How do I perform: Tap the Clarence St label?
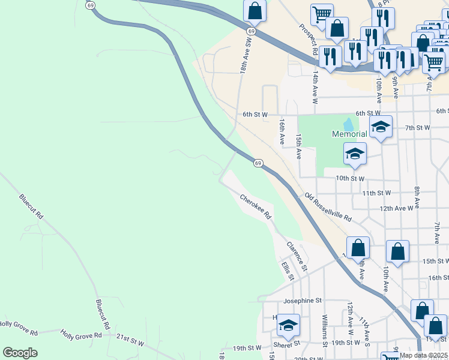pos(297,256)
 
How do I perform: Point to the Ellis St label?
pos(288,270)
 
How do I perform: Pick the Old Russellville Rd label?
pos(327,207)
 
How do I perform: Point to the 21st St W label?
pos(130,340)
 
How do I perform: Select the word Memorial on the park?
pos(350,134)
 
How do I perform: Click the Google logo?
pos(20,353)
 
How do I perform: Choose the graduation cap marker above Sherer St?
pos(289,325)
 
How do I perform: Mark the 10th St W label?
pos(350,178)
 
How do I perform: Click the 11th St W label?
pos(376,193)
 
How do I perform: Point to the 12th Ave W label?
pos(396,208)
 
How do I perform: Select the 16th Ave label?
pos(282,131)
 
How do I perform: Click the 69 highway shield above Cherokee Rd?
pos(258,163)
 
